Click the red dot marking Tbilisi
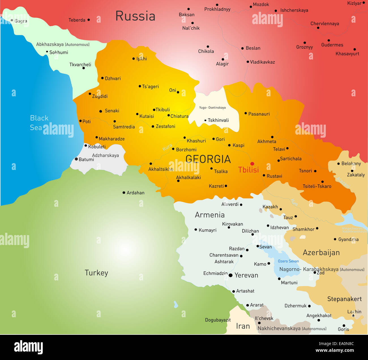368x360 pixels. coord(252,164)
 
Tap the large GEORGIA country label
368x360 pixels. coord(208,159)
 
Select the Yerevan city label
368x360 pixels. coord(246,275)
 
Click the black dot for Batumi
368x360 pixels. coord(76,159)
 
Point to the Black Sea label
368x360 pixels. coord(39,123)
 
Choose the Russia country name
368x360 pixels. coord(135,16)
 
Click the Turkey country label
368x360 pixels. coord(96,273)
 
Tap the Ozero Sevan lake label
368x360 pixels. coord(288,261)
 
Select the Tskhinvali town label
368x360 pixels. coord(218,120)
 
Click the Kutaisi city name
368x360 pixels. coord(147,116)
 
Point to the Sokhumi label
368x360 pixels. coord(59,52)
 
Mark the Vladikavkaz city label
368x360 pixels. coord(262,62)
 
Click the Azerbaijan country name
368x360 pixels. coord(321,252)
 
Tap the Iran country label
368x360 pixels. coord(243,326)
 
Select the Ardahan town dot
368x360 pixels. coord(124,193)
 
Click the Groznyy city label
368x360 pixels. coord(304,47)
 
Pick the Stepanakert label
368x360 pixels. coord(344,299)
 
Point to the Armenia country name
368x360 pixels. coord(209,215)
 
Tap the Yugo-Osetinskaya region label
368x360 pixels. coord(212,108)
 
